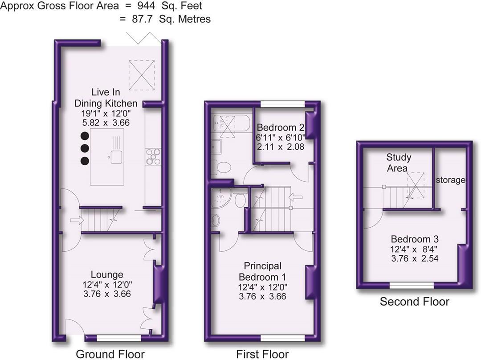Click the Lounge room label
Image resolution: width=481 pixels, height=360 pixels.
[107, 274]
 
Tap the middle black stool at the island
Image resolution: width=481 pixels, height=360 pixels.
[85, 148]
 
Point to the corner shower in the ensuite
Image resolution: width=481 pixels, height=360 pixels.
[221, 198]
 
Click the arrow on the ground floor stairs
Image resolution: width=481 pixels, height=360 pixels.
[77, 220]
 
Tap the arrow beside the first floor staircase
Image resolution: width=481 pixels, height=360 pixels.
[295, 196]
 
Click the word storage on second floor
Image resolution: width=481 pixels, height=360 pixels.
[450, 180]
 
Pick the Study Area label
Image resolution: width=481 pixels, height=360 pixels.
[398, 163]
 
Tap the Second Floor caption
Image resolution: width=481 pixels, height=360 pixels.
[414, 302]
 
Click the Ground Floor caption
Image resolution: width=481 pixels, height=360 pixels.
[110, 354]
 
